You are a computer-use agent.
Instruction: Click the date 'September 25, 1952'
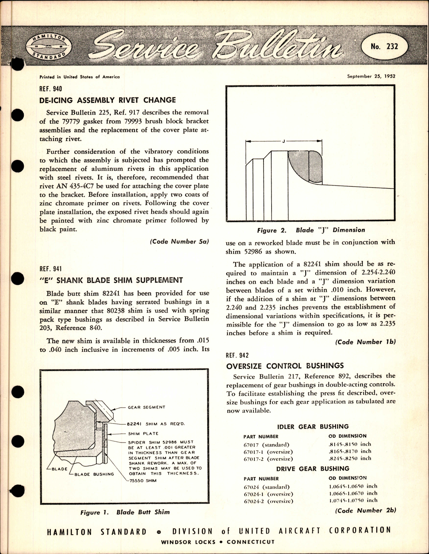coord(371,76)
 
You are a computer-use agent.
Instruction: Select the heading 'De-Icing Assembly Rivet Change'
coord(108,100)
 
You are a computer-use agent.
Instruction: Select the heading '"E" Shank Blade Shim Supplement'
coord(111,280)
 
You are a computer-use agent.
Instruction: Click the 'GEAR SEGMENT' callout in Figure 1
coord(146,407)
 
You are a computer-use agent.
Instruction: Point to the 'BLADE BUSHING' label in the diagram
coord(94,474)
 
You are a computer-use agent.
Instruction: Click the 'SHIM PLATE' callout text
coord(143,433)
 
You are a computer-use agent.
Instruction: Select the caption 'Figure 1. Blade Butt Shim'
coord(125,512)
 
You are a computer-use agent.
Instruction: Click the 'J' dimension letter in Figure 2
coord(283,141)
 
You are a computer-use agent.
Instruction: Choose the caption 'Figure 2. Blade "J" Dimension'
coord(311,230)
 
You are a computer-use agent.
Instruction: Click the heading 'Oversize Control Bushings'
coord(285,366)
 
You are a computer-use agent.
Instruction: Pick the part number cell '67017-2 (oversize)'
coord(268,459)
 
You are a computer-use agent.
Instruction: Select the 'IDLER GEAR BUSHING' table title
coord(313,427)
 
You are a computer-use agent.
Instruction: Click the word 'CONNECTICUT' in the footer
coord(250,542)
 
